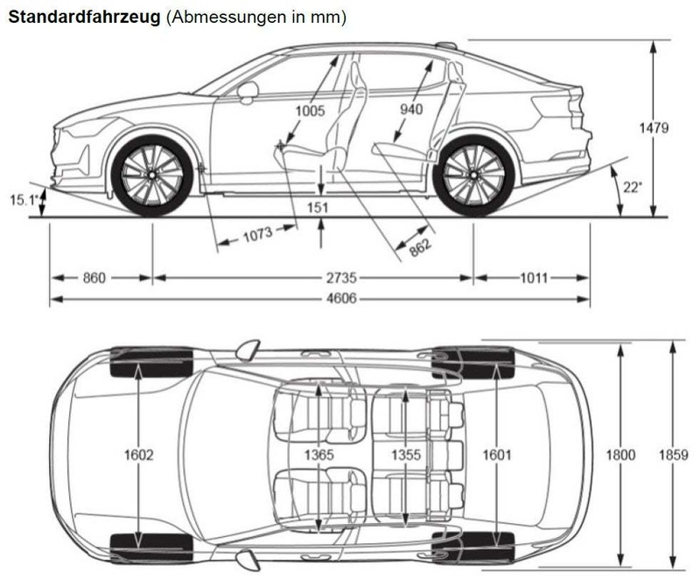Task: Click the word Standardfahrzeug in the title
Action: click(84, 17)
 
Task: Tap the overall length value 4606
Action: click(341, 298)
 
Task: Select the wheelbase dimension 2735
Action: click(341, 278)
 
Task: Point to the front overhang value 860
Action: click(94, 278)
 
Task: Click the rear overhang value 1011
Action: click(534, 278)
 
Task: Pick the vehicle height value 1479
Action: click(654, 128)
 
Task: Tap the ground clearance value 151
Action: click(318, 207)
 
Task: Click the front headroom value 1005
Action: click(311, 110)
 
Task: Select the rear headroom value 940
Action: click(411, 108)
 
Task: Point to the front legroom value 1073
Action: click(257, 234)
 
